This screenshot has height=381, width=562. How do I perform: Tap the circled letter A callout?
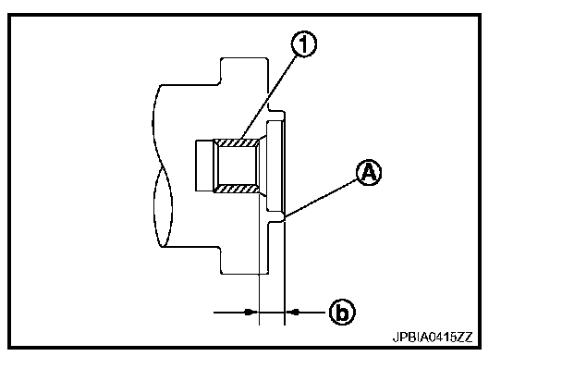[x=368, y=173]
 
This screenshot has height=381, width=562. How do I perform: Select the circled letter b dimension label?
[x=341, y=313]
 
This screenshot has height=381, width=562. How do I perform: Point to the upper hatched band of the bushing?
[x=236, y=141]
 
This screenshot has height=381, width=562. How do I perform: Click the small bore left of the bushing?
[x=204, y=166]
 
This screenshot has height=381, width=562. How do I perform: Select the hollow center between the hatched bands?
[x=238, y=166]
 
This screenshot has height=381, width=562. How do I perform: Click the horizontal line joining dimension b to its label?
[x=310, y=313]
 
